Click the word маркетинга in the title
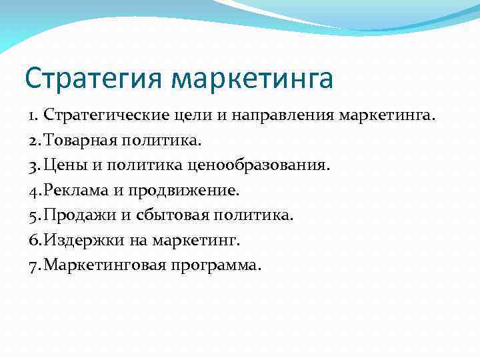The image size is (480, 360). (x=252, y=79)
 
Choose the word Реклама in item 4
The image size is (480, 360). (x=75, y=191)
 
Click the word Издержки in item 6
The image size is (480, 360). (x=81, y=240)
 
